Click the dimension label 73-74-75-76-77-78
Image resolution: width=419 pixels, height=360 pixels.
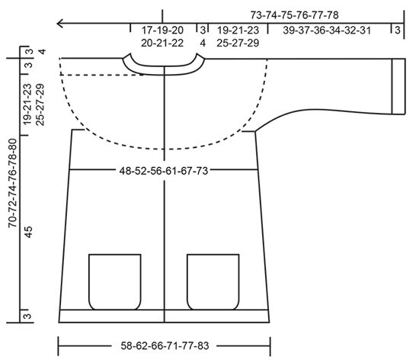(x=295, y=15)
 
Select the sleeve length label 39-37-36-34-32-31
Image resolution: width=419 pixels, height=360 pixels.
(x=327, y=31)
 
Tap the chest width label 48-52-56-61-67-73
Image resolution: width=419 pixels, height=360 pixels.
(x=164, y=171)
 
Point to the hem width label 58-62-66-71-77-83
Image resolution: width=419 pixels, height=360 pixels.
(x=165, y=346)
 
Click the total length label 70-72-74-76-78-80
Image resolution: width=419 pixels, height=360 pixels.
(x=12, y=183)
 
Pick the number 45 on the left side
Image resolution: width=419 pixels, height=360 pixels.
(x=28, y=232)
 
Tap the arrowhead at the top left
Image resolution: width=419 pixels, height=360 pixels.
(x=60, y=24)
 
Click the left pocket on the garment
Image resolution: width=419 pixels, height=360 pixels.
(x=115, y=282)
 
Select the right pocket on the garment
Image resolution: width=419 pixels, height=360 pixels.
(x=213, y=282)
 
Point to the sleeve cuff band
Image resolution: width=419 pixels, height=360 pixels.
(x=398, y=86)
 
